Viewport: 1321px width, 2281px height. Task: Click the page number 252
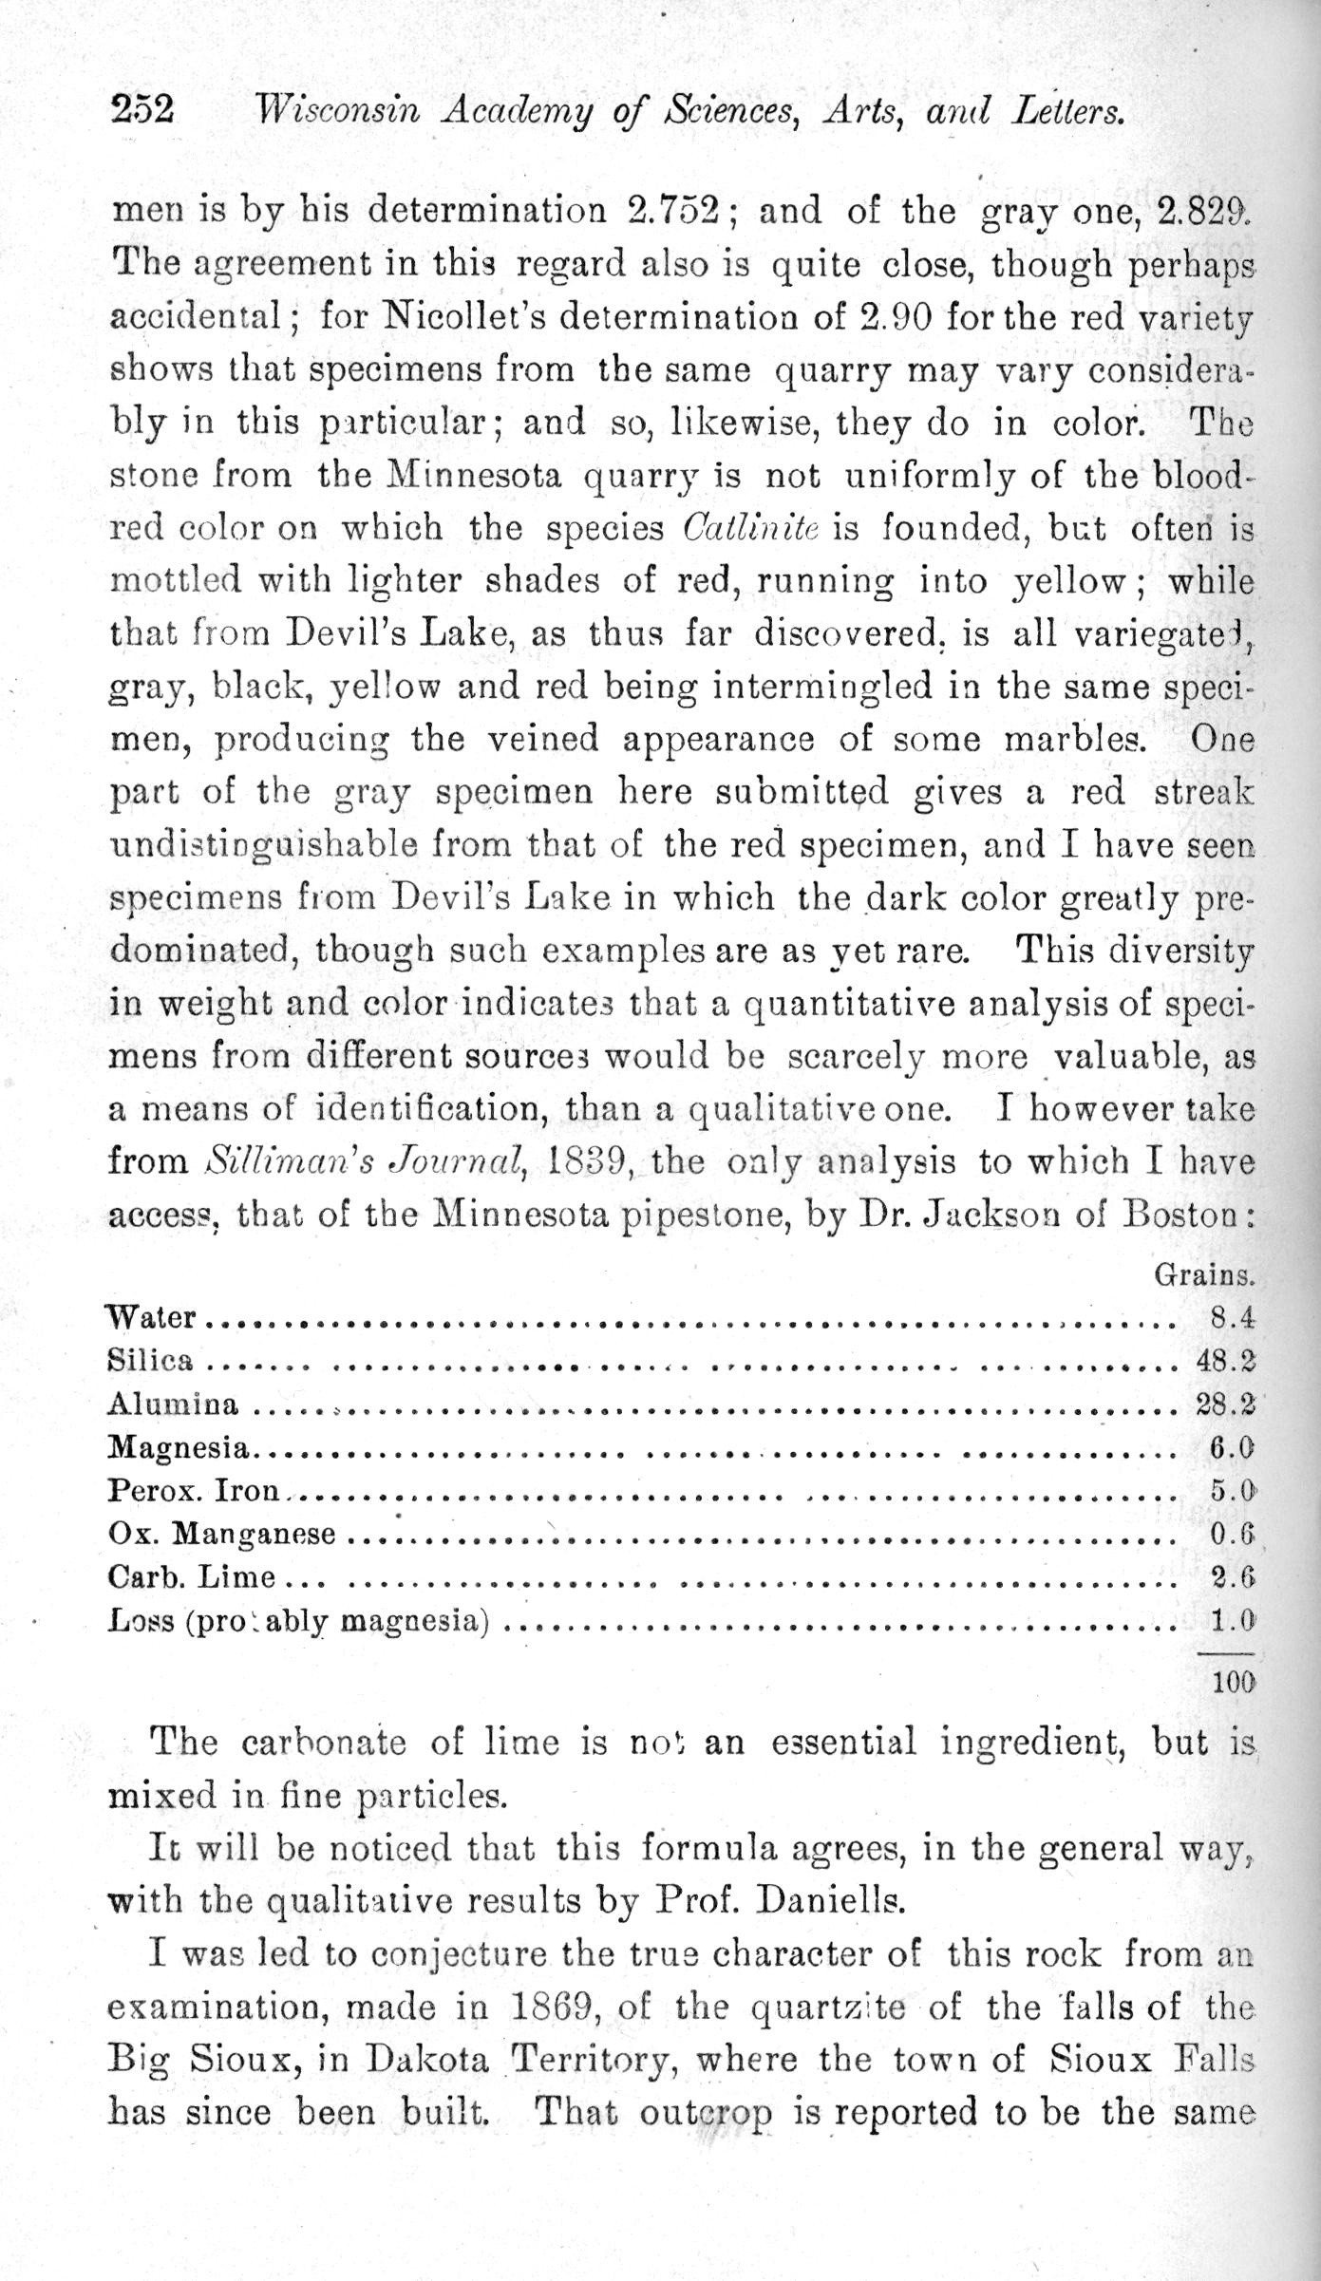tap(142, 110)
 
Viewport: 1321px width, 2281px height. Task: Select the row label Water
tap(151, 1317)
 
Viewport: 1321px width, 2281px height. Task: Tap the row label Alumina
tap(174, 1404)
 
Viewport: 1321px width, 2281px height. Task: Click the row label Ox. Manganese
tap(222, 1534)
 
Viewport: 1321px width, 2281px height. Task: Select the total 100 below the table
tap(1233, 1682)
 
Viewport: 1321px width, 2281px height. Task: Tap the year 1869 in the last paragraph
tap(554, 2005)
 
